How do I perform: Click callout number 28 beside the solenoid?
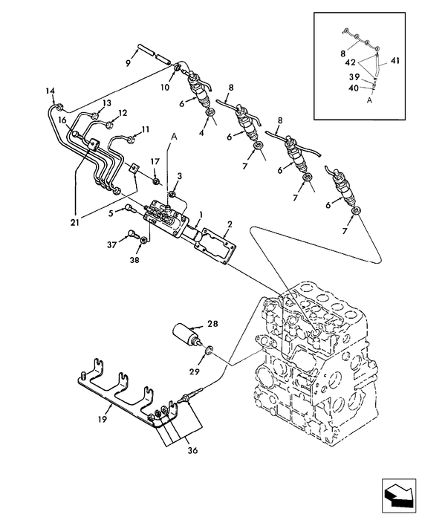click(212, 324)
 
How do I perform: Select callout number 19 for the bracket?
click(103, 420)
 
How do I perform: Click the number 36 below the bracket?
click(192, 450)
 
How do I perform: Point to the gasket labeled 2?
click(215, 246)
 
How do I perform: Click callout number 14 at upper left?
click(50, 91)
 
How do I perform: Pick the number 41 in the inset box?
click(395, 61)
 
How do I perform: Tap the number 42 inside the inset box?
click(351, 62)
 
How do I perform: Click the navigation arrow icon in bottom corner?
click(399, 495)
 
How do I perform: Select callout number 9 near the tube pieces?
click(129, 62)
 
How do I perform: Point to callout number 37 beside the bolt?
click(111, 244)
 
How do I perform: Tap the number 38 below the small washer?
click(135, 260)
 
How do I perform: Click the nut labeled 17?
click(155, 181)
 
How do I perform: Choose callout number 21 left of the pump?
click(75, 222)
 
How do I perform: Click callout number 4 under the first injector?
click(201, 133)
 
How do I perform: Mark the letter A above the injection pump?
click(174, 136)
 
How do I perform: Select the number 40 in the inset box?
click(354, 88)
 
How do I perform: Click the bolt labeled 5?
click(130, 209)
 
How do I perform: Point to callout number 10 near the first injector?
click(165, 87)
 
